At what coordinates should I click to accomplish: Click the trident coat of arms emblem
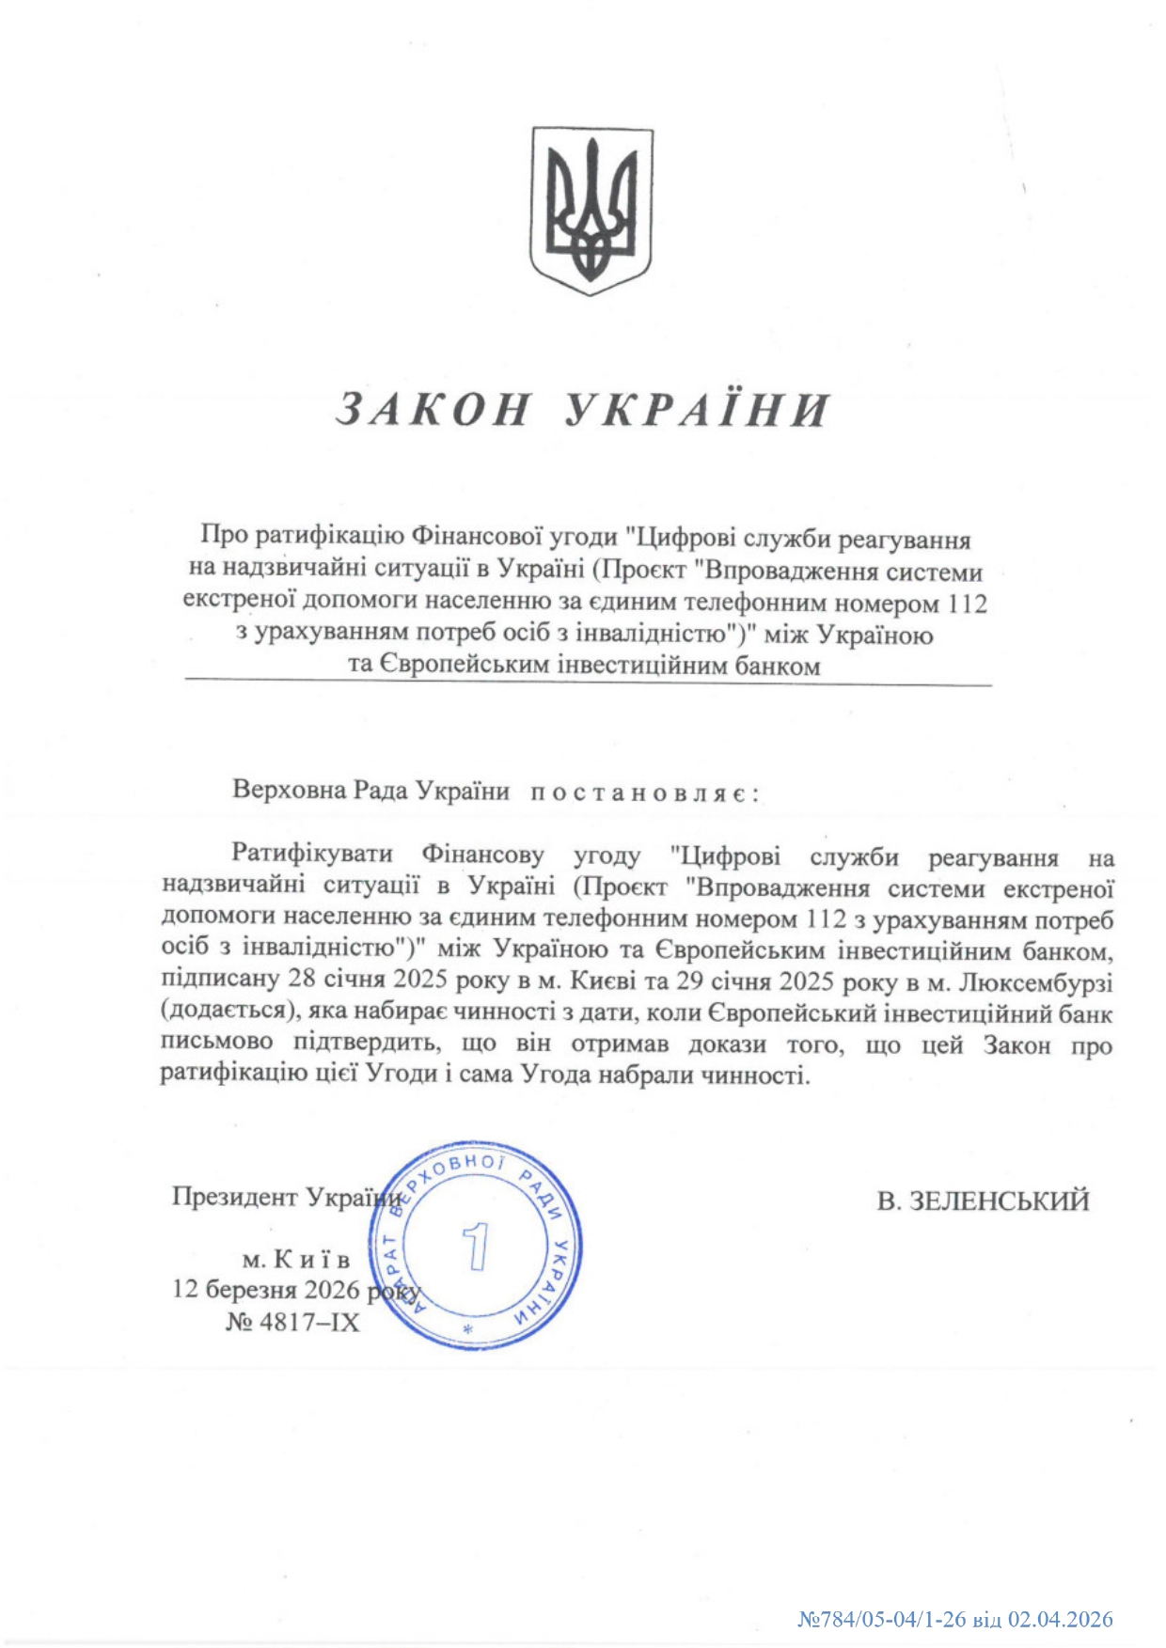591,211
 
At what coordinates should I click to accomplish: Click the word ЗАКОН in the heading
433,409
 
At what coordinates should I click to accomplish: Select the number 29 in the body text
690,981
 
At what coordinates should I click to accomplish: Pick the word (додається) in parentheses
223,1012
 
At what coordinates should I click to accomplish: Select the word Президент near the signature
235,1197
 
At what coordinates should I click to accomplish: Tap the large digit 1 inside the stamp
477,1247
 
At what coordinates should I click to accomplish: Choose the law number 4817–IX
309,1322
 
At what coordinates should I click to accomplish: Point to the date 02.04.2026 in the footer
1061,1619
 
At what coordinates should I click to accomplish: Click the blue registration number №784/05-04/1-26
882,1619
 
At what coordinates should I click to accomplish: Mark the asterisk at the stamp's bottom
467,1330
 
